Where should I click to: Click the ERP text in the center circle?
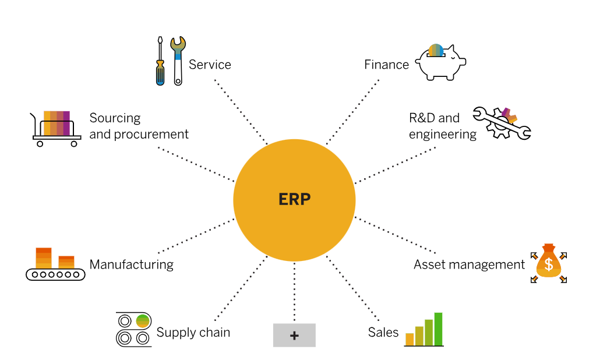294,199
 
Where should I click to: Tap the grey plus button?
294,336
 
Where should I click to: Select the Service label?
210,65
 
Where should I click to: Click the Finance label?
386,65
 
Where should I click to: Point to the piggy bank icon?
440,62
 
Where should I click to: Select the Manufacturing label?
131,264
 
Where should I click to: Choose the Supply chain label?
193,333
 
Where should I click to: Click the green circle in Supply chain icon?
143,320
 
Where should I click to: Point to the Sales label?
383,333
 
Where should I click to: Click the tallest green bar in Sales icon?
438,329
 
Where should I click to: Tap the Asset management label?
469,264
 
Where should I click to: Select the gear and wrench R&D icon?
501,122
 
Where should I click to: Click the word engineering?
442,135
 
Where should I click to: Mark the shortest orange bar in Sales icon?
410,339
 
